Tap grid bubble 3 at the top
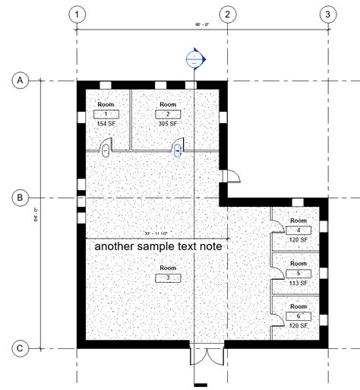(x=327, y=14)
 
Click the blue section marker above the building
(x=195, y=58)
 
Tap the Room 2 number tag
(x=168, y=113)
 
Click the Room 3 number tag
(x=168, y=277)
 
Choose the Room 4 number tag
(x=298, y=230)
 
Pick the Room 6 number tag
(x=298, y=315)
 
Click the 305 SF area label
(x=168, y=123)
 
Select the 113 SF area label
(x=298, y=282)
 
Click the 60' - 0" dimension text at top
(x=201, y=26)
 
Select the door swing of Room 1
(x=108, y=146)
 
